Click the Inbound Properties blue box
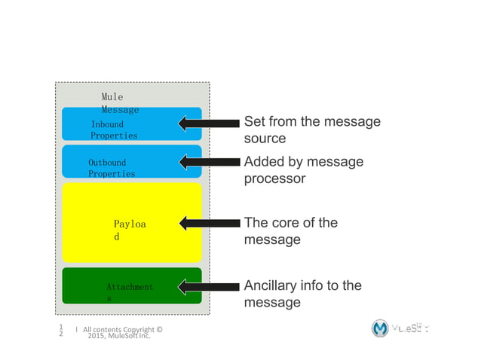(131, 124)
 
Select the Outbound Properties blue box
(131, 162)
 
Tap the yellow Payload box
(131, 222)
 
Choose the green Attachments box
(131, 286)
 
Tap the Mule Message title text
(119, 103)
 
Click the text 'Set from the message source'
(311, 130)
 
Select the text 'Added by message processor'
(303, 171)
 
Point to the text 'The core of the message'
(290, 231)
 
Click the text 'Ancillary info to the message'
(302, 294)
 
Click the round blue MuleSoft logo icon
(381, 329)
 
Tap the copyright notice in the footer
(121, 332)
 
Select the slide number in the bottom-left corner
(61, 331)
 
